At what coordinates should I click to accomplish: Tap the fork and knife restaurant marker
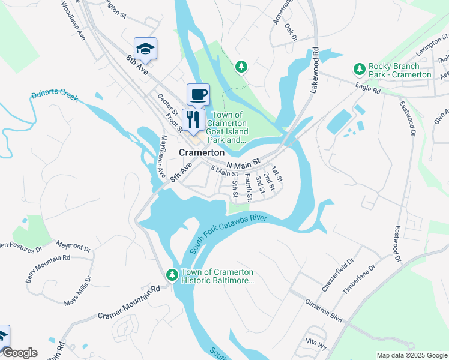tap(193, 118)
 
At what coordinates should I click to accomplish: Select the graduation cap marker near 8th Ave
tap(145, 49)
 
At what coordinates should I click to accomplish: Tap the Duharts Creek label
tap(55, 97)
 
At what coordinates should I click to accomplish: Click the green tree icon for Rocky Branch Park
tap(360, 69)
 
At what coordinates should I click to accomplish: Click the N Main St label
tap(243, 163)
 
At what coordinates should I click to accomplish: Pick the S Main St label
tap(224, 172)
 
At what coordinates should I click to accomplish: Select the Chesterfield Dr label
tap(339, 277)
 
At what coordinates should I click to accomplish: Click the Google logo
tap(20, 353)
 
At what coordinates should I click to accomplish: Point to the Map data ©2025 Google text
tap(411, 355)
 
